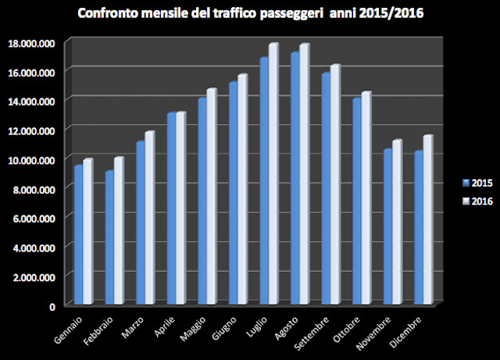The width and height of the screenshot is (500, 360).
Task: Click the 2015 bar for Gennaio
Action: coord(78,234)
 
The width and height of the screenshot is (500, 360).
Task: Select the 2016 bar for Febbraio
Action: coord(119,230)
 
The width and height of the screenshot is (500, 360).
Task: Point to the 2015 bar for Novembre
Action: coord(386,226)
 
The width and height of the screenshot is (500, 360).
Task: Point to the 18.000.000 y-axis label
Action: coord(30,43)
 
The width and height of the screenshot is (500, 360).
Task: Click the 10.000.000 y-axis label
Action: coord(30,159)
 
